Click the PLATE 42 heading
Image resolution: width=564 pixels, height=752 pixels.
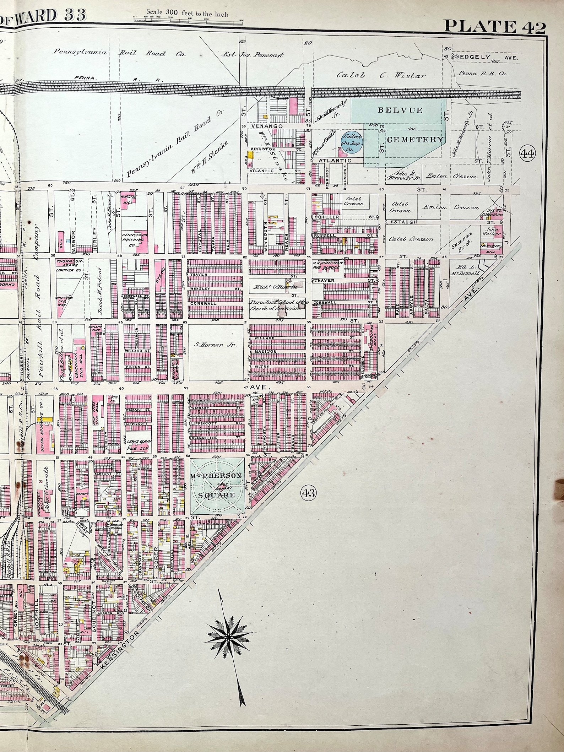[x=494, y=26]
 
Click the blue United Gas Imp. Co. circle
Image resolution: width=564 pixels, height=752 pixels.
[x=352, y=143]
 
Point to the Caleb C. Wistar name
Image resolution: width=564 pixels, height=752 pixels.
[x=381, y=75]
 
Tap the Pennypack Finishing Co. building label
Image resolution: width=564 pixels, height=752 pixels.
[x=134, y=238]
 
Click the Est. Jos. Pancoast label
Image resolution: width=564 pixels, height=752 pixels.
[x=252, y=55]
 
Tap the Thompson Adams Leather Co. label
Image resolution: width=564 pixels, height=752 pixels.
[x=69, y=265]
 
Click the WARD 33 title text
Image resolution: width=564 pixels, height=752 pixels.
[x=50, y=15]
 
